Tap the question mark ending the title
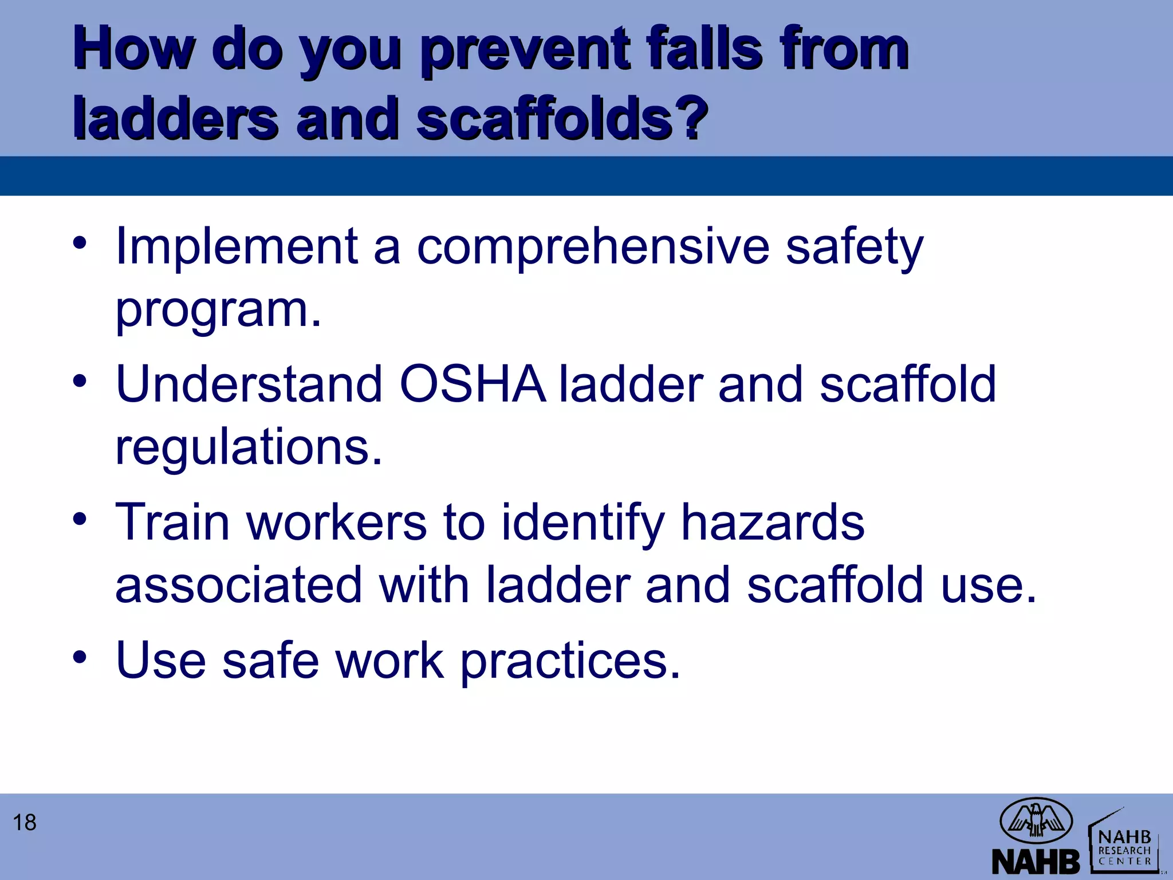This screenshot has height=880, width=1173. [x=691, y=117]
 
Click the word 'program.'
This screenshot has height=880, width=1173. [x=218, y=311]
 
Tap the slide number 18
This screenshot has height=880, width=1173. [x=25, y=823]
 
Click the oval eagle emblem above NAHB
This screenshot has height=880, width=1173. [x=1036, y=821]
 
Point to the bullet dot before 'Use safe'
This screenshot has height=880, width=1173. [x=80, y=656]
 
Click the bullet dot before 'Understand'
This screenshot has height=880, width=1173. [x=80, y=380]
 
